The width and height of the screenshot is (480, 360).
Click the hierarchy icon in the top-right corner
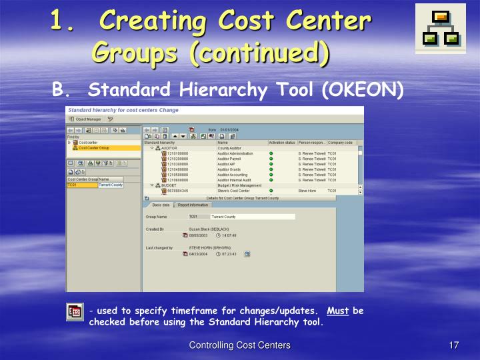point(440,28)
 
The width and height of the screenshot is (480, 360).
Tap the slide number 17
point(454,345)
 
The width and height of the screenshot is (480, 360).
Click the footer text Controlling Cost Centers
point(239,345)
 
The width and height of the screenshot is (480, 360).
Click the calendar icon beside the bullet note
point(75,311)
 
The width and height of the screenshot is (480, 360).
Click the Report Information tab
point(193,205)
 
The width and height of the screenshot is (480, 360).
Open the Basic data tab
point(160,205)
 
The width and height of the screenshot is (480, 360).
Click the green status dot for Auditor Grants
point(271,169)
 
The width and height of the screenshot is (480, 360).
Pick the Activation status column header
point(281,143)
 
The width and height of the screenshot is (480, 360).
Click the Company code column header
point(340,143)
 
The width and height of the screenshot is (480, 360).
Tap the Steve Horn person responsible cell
point(307,191)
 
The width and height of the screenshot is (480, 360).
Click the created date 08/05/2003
point(199,235)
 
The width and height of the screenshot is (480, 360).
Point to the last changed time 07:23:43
point(229,254)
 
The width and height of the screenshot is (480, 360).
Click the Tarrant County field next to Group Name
point(252,217)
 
